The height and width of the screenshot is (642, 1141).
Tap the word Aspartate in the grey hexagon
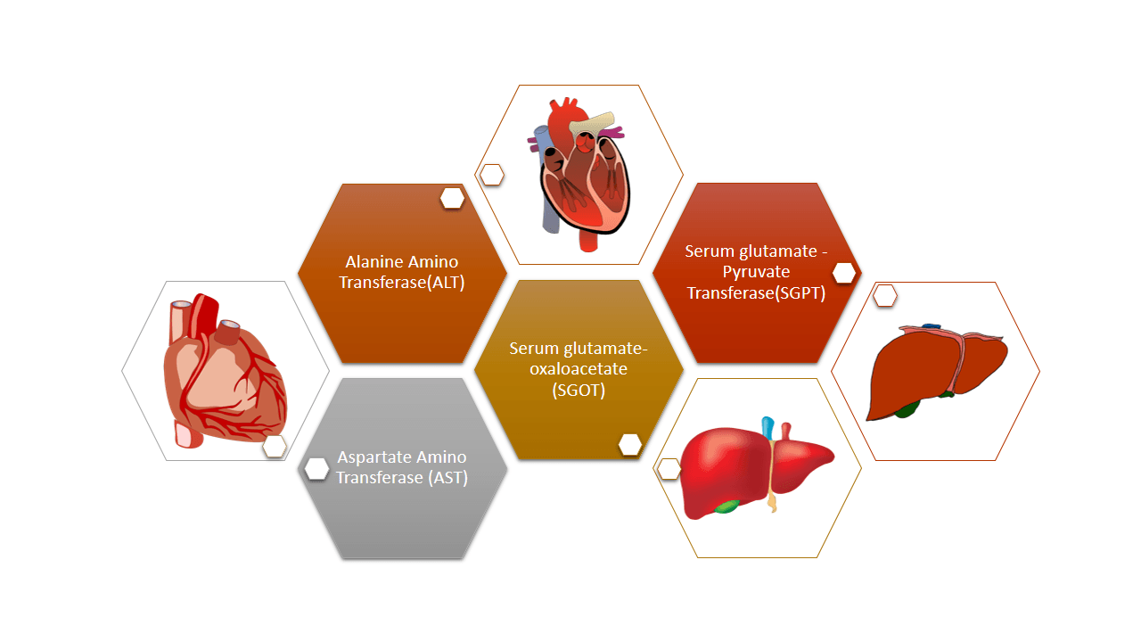click(x=366, y=457)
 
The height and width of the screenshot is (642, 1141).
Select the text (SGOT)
click(x=579, y=391)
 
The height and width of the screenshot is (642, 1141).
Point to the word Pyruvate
click(x=756, y=272)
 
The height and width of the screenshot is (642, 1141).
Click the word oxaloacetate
click(x=579, y=369)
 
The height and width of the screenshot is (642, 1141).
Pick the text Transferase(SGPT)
click(x=756, y=293)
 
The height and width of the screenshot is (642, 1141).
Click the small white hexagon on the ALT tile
click(x=452, y=198)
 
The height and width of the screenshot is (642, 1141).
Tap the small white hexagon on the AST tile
click(x=316, y=469)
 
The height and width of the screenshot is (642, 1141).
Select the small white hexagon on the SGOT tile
click(x=630, y=445)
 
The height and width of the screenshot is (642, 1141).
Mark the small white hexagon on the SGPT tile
click(x=844, y=273)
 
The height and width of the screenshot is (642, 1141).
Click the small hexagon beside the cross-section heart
click(x=492, y=175)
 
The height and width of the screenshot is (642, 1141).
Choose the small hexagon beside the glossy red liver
click(x=669, y=469)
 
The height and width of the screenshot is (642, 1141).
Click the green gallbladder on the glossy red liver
click(x=726, y=506)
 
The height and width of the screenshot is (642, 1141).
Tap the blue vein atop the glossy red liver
click(x=768, y=428)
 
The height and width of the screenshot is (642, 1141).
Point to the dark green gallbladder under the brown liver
click(x=907, y=408)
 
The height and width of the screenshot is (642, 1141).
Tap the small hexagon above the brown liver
click(x=885, y=295)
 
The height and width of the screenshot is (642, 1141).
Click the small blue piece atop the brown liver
click(x=931, y=326)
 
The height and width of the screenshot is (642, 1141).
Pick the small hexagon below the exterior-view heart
click(x=275, y=447)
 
